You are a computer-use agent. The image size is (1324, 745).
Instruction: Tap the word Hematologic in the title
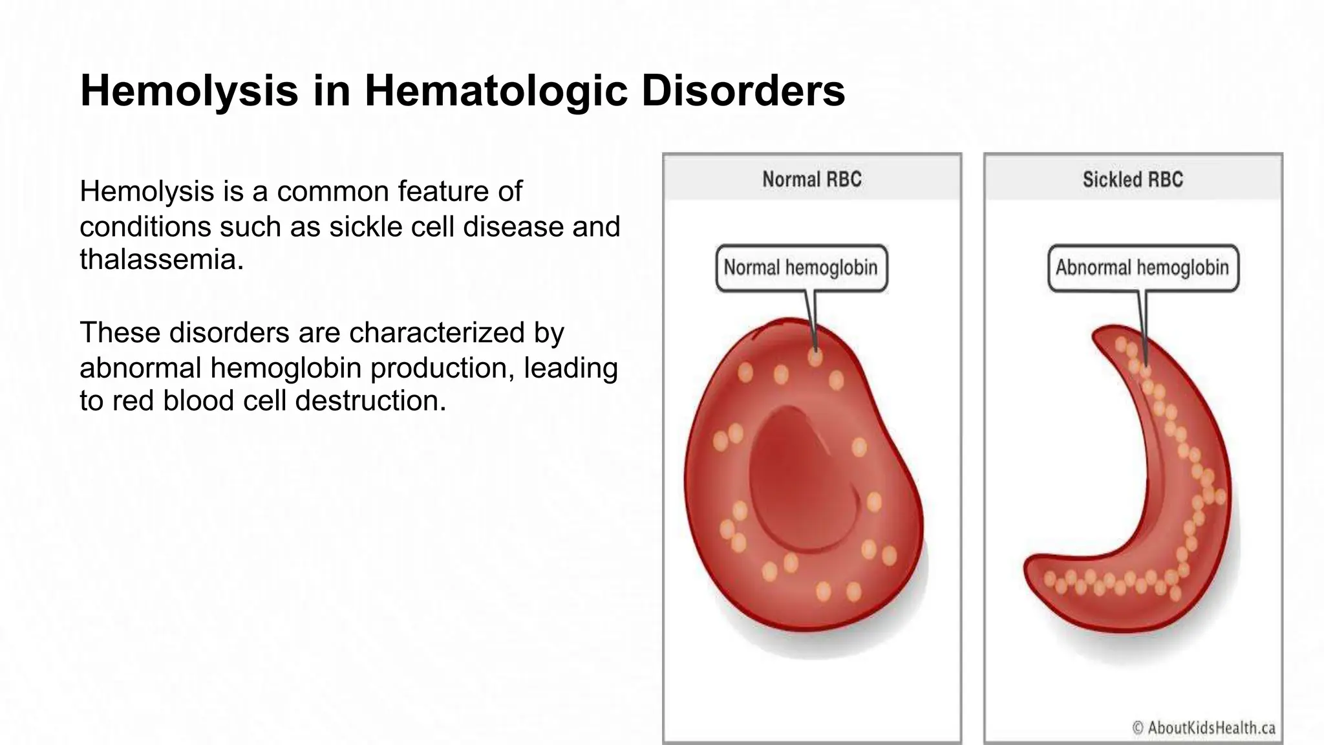[x=496, y=91]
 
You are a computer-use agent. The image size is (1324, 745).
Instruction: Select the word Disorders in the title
[x=743, y=91]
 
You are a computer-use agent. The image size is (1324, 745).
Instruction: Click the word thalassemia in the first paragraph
[x=161, y=259]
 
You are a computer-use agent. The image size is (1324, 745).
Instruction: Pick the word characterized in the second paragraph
[x=437, y=332]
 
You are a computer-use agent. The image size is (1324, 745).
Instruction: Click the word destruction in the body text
[x=370, y=400]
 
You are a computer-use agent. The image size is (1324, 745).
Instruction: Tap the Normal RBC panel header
[x=812, y=179]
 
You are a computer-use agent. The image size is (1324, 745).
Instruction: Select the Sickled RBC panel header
[x=1133, y=179]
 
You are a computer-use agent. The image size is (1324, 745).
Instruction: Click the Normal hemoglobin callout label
[x=801, y=268]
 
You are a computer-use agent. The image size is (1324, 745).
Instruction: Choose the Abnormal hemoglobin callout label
[x=1142, y=268]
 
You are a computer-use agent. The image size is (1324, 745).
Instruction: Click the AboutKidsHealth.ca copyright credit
[x=1204, y=728]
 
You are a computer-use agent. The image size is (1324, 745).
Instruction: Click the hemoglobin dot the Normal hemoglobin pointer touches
[x=815, y=356]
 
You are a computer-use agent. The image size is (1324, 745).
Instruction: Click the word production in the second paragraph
[x=442, y=368]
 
